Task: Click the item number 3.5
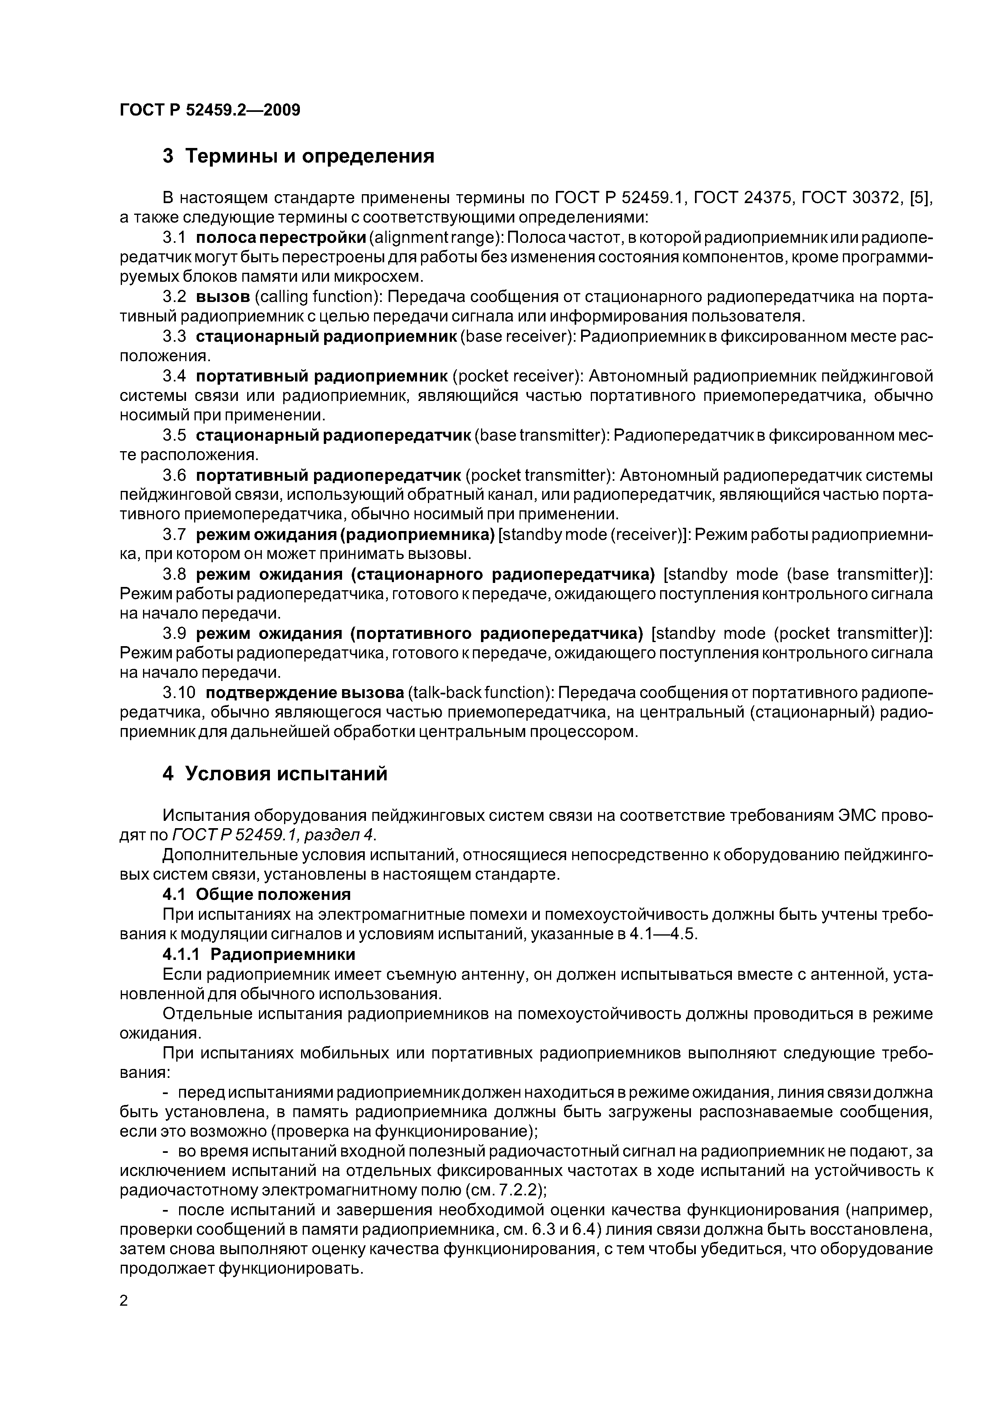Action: point(175,435)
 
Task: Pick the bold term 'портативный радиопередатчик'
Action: point(328,475)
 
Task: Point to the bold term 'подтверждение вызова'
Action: point(305,692)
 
